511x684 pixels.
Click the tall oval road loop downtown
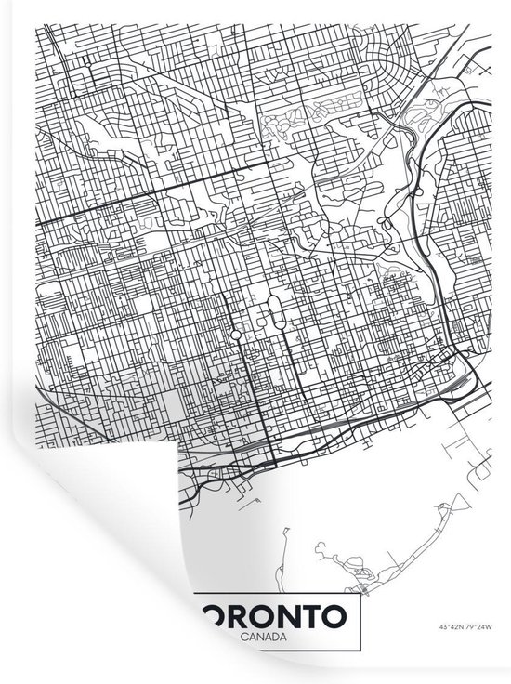[x=275, y=311]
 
